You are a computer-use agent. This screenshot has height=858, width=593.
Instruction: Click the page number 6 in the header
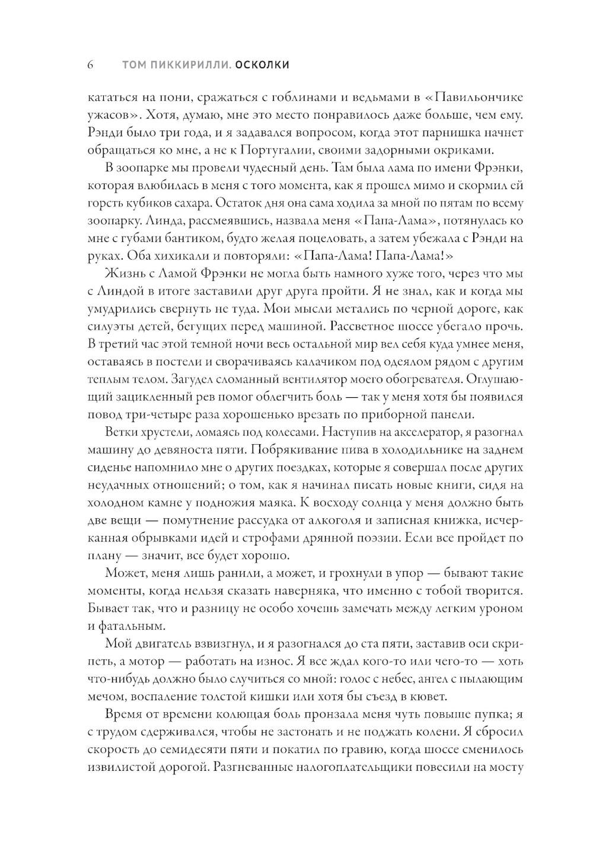click(91, 65)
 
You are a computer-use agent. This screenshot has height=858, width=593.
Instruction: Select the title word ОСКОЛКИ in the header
click(262, 65)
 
